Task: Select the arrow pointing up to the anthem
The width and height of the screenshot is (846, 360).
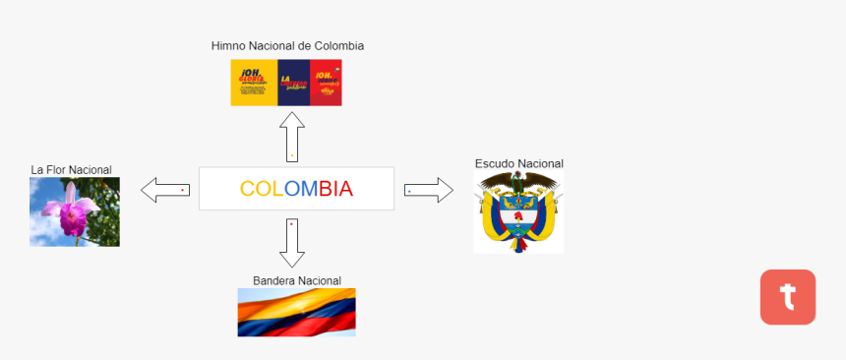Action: click(x=292, y=137)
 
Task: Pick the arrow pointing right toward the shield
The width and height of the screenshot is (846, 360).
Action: click(x=429, y=190)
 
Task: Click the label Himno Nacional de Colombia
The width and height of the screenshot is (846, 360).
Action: click(x=287, y=46)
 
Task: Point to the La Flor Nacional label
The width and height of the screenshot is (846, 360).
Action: click(x=71, y=170)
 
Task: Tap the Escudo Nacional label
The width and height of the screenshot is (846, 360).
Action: click(x=518, y=163)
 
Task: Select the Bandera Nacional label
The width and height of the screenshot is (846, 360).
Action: click(x=296, y=281)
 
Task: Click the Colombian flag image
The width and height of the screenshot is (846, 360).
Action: click(x=296, y=312)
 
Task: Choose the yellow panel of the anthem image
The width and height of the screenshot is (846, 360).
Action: click(x=254, y=83)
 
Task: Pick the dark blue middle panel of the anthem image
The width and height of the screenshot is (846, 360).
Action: click(x=293, y=83)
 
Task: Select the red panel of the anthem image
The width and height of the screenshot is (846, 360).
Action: click(x=326, y=83)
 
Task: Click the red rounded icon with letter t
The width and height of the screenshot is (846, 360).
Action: click(x=787, y=296)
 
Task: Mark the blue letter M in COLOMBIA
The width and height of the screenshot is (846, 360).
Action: click(x=308, y=189)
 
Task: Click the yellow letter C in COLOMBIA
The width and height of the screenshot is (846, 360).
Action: click(x=249, y=189)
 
